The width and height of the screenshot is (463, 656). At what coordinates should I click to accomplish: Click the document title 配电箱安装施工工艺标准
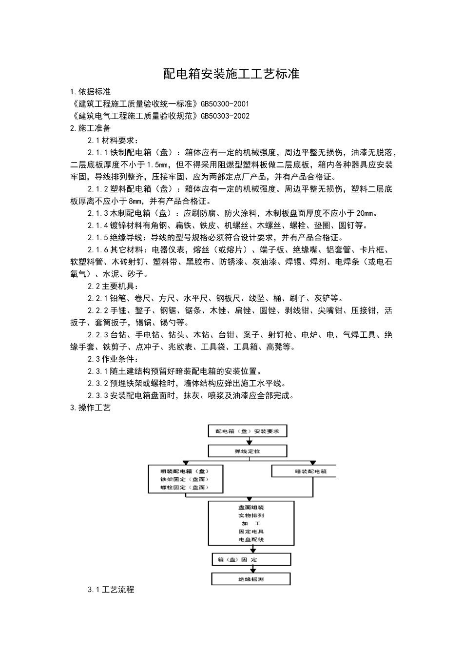(231, 74)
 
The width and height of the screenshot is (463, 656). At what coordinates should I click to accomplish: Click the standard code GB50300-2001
(225, 103)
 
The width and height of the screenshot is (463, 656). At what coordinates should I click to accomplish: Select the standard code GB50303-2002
(225, 116)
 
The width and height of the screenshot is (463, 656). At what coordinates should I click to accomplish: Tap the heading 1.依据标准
(91, 91)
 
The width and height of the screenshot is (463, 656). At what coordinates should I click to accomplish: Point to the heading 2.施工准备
(91, 128)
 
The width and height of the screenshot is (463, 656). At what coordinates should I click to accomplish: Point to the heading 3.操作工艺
(91, 408)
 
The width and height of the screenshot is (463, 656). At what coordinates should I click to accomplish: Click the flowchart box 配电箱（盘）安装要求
(248, 431)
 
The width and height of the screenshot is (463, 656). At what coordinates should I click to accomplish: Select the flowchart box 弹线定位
(248, 451)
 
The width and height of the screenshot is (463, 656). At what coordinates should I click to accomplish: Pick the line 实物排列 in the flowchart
(251, 515)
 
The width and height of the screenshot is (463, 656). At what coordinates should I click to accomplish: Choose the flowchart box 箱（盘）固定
(251, 559)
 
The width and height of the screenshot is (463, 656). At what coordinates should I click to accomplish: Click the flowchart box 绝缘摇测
(251, 579)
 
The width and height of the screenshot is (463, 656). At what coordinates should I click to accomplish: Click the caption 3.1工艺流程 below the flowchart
(111, 590)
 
